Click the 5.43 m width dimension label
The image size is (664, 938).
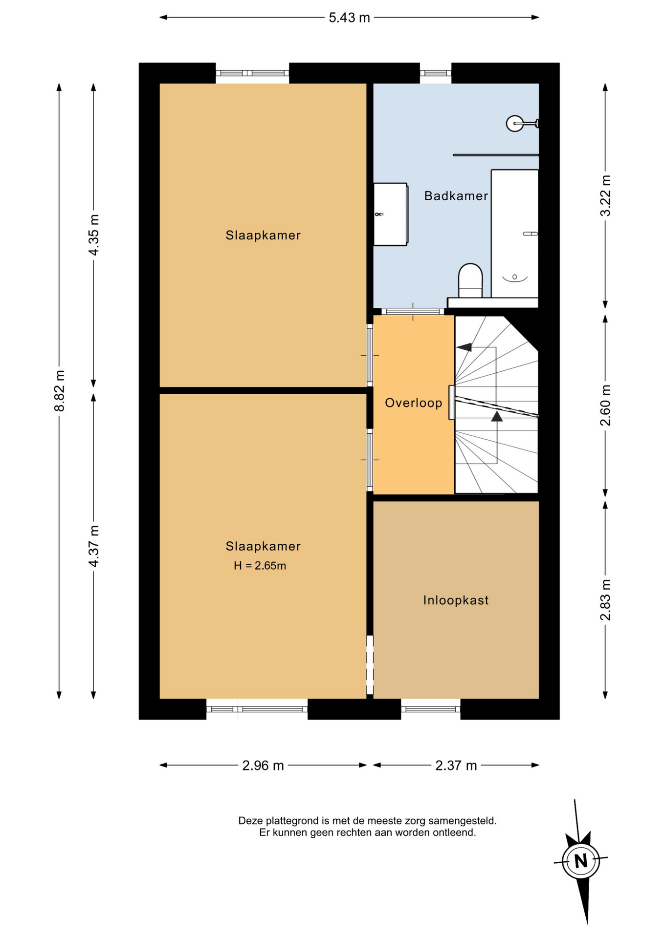pos(349,18)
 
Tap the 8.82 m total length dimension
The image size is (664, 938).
pos(60,391)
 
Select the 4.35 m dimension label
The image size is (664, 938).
pos(93,235)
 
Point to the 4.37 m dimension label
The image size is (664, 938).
pos(93,546)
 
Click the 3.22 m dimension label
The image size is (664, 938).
pos(605,195)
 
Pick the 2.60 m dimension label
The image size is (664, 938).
pos(605,405)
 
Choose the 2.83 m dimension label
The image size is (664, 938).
pos(605,600)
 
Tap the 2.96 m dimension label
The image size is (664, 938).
pos(263,766)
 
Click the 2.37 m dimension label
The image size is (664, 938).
pos(456,766)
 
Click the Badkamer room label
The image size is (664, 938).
pos(456,196)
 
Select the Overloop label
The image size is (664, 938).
pos(414,403)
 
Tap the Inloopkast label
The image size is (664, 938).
pos(456,600)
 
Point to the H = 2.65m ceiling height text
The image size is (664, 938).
pos(260,566)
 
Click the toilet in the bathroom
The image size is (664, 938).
pos(470,280)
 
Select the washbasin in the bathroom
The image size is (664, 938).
pos(391,214)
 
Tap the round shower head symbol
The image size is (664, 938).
pos(515,124)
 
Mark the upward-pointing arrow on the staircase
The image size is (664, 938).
pos(497,416)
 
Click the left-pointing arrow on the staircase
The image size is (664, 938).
pos(464,347)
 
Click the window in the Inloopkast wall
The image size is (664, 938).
pos(431,709)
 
